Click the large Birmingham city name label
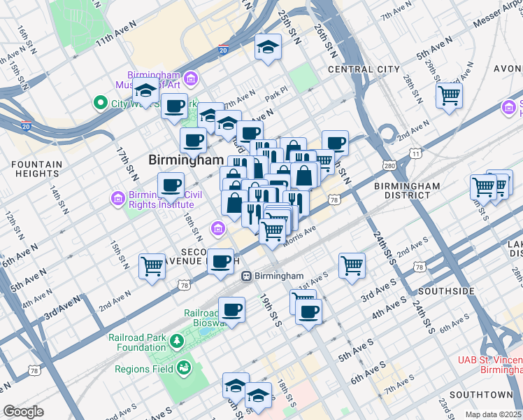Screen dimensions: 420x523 click(185, 160)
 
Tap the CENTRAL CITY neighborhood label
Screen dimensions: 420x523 click(364, 69)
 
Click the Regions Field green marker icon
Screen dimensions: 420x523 click(184, 367)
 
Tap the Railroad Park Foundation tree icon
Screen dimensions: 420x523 click(178, 341)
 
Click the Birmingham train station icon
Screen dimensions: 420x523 click(246, 276)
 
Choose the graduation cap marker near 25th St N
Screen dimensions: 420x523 click(266, 48)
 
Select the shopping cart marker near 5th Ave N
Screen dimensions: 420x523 click(449, 94)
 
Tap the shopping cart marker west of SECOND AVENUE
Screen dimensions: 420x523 click(152, 266)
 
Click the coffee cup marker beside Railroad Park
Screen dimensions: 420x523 click(231, 309)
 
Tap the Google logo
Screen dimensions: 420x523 click(23, 412)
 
